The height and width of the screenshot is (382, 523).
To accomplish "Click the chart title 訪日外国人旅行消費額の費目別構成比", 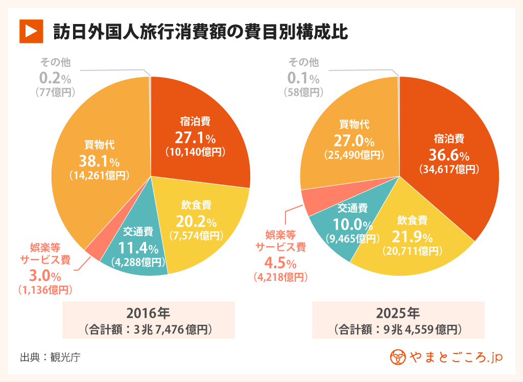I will tap(201, 32).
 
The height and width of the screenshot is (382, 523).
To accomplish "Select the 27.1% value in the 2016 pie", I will tap(195, 137).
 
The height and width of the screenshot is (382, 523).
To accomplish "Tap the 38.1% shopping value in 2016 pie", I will tap(99, 161).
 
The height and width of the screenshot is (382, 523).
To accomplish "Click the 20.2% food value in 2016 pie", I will tap(196, 222).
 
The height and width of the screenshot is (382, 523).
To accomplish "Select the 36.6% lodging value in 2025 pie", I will tap(448, 154).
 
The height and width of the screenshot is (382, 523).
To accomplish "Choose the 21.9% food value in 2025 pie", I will tap(412, 237).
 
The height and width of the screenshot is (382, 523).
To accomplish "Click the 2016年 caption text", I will tap(148, 312).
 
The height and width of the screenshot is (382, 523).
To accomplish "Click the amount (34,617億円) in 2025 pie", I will tap(448, 169).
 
